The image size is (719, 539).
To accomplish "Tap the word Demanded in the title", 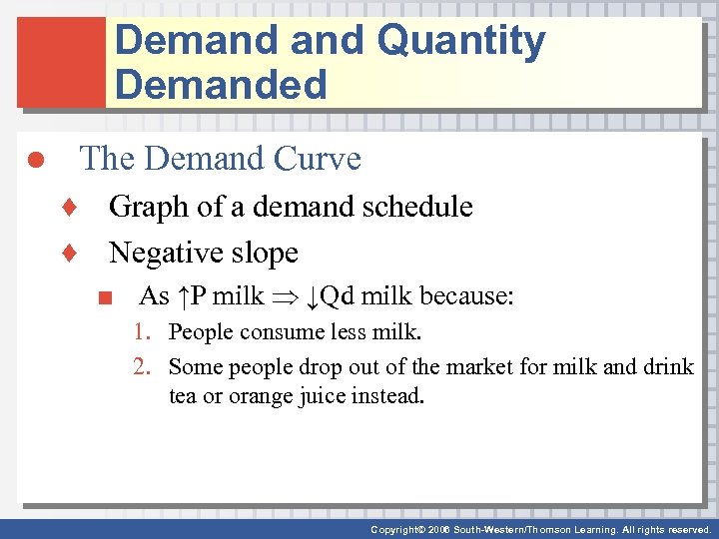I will click(x=221, y=85).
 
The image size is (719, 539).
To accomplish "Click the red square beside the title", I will click(x=60, y=62).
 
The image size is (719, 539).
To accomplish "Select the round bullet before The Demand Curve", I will click(x=33, y=161).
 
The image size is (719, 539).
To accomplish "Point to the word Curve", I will click(x=321, y=159).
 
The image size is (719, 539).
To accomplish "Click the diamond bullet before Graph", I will click(x=69, y=208).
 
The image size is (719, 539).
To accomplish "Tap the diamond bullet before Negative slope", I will click(x=69, y=254).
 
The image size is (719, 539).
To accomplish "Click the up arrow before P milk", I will click(x=184, y=296).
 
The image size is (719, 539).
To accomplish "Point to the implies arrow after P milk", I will click(x=285, y=297).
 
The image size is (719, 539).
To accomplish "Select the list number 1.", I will click(x=143, y=332).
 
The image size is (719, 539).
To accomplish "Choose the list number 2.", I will click(x=143, y=367).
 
